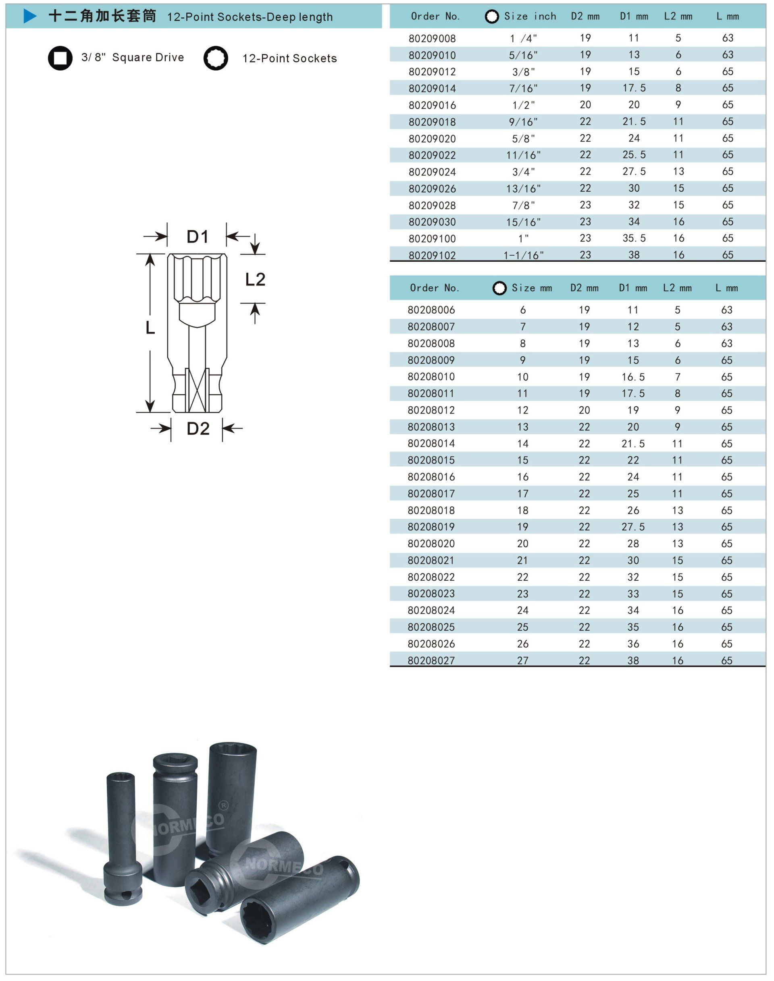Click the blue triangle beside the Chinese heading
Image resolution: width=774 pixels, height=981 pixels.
point(30,17)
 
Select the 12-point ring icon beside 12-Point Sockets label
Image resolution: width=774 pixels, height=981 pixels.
point(216,58)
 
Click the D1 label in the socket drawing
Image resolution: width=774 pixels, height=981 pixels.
point(198,237)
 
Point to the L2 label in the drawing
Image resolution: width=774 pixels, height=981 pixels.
point(255,279)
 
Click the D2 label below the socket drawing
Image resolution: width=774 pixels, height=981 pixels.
point(198,428)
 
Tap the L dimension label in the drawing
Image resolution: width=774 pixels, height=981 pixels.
point(150,327)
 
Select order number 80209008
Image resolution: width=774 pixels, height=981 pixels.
point(432,39)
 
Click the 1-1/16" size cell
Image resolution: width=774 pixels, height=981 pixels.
point(523,255)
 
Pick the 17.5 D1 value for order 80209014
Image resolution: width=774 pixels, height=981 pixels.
point(634,88)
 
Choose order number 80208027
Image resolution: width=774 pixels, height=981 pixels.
point(431,660)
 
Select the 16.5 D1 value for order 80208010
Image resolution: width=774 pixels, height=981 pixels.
point(633,377)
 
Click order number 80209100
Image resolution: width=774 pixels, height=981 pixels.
point(432,238)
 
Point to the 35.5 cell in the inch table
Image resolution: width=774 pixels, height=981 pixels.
point(634,238)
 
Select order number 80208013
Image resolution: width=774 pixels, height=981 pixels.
point(431,427)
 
